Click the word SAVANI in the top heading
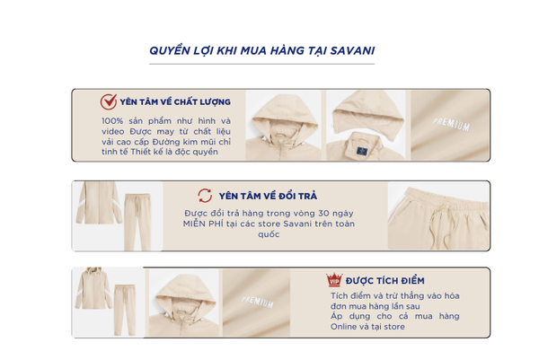tap(352, 51)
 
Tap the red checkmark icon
tap(109, 101)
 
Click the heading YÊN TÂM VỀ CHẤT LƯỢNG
tap(175, 102)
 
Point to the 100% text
tap(112, 121)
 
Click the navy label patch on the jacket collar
tap(362, 151)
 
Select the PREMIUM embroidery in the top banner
tap(451, 125)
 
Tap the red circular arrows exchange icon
tap(205, 196)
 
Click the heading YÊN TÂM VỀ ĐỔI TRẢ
tap(268, 196)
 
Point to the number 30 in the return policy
tap(323, 214)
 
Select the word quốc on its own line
tap(269, 234)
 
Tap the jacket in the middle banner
tap(99, 203)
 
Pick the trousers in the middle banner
tap(137, 222)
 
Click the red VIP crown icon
tap(334, 280)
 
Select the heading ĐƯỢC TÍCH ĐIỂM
tap(385, 281)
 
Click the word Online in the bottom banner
tap(344, 327)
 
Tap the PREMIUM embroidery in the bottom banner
tap(258, 302)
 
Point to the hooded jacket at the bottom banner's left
tap(93, 288)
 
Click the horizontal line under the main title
tap(261, 64)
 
